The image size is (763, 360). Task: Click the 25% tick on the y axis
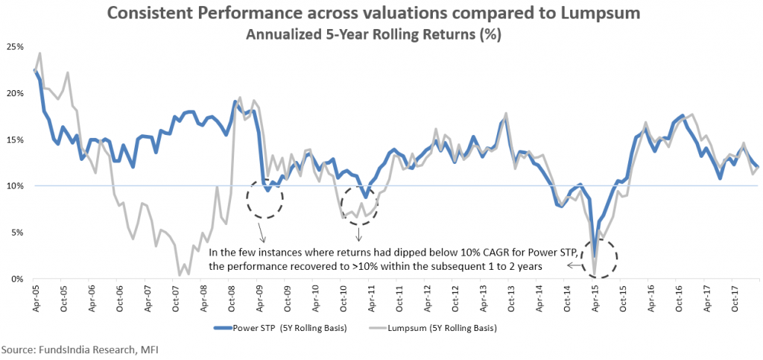(x=13, y=46)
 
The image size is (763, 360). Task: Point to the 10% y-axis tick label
(x=13, y=186)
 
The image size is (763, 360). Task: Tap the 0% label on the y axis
(x=16, y=279)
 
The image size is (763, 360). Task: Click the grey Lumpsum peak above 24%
(x=39, y=53)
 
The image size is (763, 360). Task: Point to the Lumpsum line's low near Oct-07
(x=180, y=275)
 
